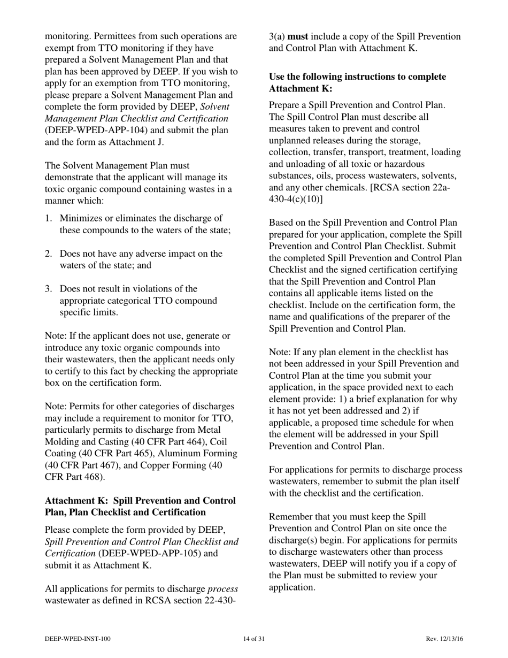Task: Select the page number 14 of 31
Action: point(254,639)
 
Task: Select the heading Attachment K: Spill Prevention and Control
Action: point(140,501)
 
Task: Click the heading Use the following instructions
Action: point(357,77)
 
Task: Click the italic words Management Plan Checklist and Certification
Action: point(136,119)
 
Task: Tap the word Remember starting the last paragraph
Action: point(290,517)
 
